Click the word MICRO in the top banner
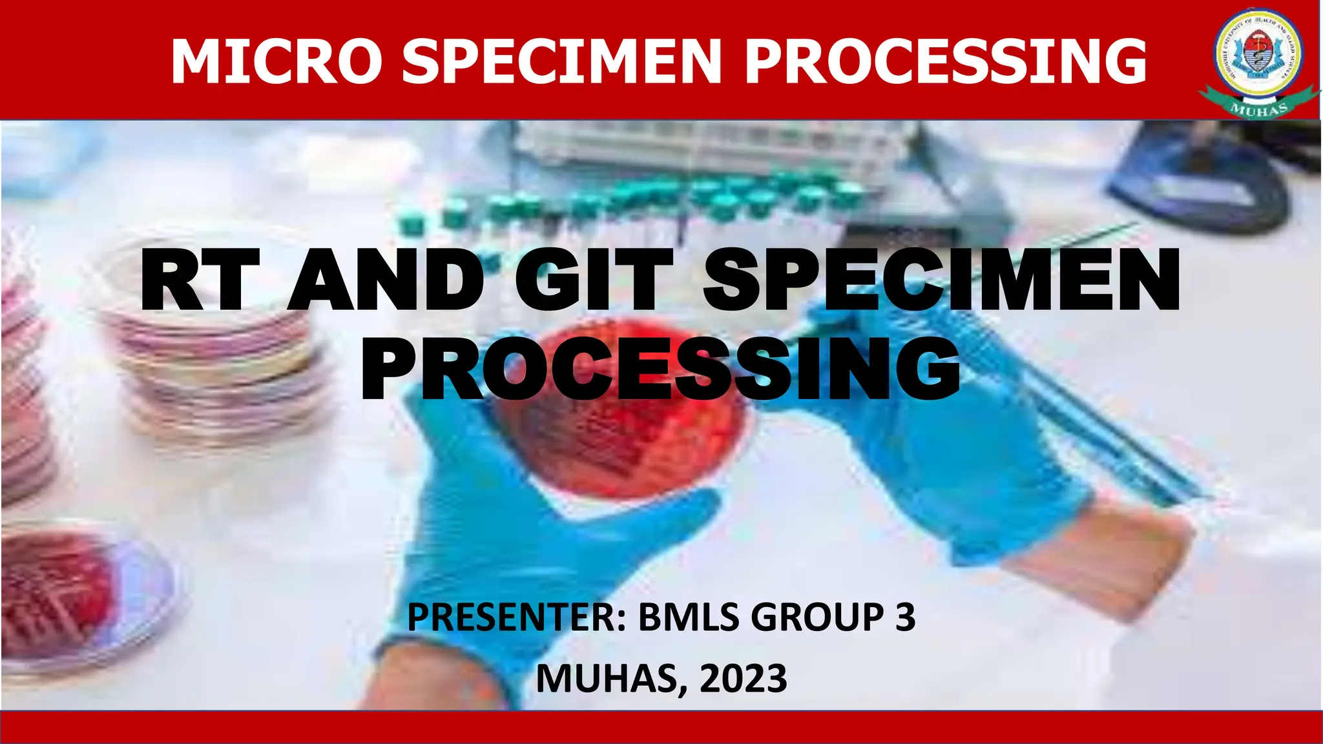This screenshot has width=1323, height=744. (x=276, y=61)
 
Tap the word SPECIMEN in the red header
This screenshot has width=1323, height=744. (x=561, y=61)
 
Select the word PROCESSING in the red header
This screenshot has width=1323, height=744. (x=945, y=61)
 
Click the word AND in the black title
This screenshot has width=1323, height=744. (x=386, y=282)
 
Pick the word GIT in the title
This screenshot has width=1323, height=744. (x=593, y=282)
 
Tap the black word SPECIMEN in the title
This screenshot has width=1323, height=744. (x=941, y=282)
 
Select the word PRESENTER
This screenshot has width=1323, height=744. (x=513, y=617)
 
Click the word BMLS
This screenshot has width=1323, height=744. (x=689, y=617)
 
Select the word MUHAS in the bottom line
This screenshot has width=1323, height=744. (x=607, y=679)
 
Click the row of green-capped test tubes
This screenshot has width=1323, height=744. (x=633, y=200)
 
